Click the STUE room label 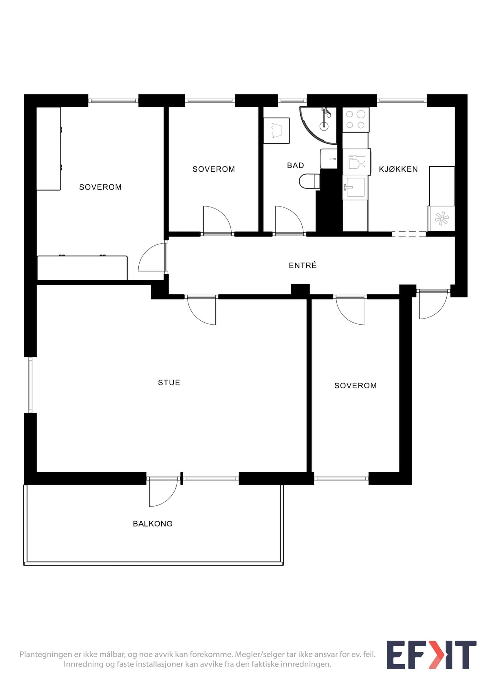pyautogui.click(x=169, y=383)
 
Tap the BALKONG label pyautogui.click(x=153, y=524)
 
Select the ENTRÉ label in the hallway pyautogui.click(x=303, y=265)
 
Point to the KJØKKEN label pyautogui.click(x=398, y=169)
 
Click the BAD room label pyautogui.click(x=296, y=165)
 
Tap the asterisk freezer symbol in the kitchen pyautogui.click(x=441, y=218)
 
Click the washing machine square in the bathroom pyautogui.click(x=276, y=131)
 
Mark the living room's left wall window pyautogui.click(x=30, y=385)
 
